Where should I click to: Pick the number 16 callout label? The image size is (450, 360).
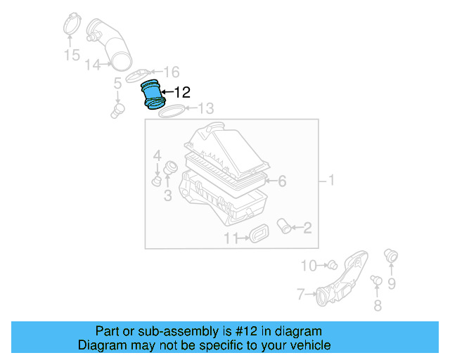coord(172,72)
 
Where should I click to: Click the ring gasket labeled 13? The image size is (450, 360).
coord(172,111)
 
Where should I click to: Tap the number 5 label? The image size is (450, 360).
coord(118,85)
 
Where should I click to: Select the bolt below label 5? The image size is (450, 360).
coord(118,110)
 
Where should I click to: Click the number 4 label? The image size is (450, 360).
coord(157,155)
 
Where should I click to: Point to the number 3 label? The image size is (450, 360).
coord(167,195)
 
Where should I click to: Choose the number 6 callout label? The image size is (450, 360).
coord(281,181)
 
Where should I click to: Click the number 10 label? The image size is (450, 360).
coord(309,265)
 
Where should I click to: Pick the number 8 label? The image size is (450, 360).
coord(377,304)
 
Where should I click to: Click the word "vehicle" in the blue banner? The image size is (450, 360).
coord(309,345)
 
